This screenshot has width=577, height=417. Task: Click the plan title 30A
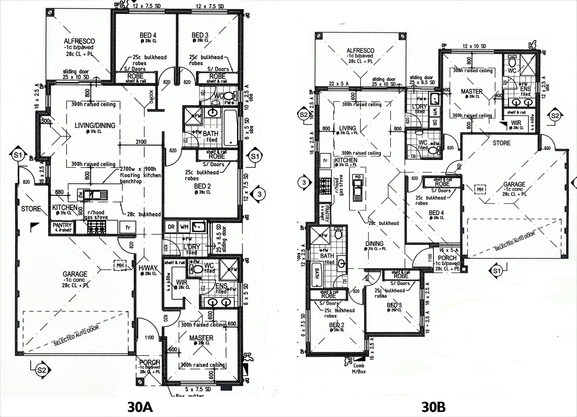pos(140,407)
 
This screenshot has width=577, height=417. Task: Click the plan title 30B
pos(433,407)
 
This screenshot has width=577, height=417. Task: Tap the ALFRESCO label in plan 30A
pos(79,41)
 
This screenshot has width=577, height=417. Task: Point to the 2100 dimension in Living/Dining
pos(141,142)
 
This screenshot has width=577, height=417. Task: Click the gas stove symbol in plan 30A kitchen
pos(96,229)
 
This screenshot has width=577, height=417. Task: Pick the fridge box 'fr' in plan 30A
pos(128,227)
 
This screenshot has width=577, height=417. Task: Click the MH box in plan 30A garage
pos(120,265)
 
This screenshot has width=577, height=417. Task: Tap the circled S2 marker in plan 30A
pos(41,370)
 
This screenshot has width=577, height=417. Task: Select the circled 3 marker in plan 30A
pos(259,194)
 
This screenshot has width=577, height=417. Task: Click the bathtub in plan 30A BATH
pos(230,129)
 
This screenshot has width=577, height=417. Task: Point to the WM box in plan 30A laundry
pos(184,227)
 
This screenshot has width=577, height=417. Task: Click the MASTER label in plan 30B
pos(471,92)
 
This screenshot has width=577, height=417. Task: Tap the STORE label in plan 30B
pos(501,143)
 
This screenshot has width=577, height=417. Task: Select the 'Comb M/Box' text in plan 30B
pos(358,368)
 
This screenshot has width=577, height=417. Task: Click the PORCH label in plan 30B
pos(447,258)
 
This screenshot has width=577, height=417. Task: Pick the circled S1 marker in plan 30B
pos(497,271)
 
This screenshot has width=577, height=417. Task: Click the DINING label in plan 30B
pos(374,244)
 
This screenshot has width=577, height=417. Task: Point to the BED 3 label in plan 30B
pos(394,305)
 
